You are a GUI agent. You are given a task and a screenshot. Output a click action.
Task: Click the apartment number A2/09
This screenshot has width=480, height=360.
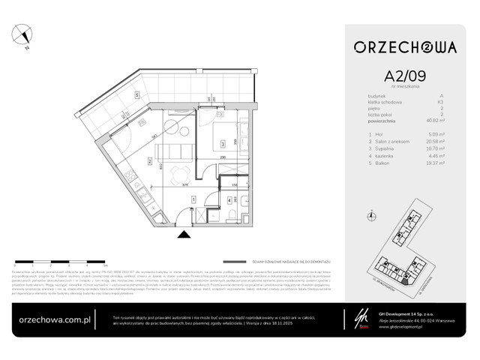(x=406, y=75)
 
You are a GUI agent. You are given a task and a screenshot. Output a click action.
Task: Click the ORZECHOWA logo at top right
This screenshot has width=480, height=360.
(x=406, y=47)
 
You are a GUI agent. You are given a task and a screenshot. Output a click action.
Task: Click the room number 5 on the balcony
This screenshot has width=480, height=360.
(x=137, y=95)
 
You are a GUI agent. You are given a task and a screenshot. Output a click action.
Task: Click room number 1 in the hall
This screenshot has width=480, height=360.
(x=193, y=199)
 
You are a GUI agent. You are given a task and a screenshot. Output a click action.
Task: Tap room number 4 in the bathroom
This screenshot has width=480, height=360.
(x=228, y=200)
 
